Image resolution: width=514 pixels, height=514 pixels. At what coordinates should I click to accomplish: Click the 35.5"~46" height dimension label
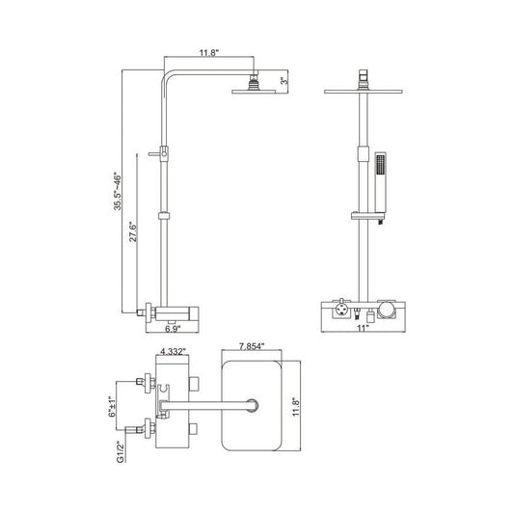coord(118,191)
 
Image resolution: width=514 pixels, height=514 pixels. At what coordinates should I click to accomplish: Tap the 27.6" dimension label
coord(133,231)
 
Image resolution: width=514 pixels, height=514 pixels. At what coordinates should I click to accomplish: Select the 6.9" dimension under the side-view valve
coord(173,329)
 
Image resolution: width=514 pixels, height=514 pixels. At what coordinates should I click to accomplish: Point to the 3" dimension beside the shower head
coord(284,80)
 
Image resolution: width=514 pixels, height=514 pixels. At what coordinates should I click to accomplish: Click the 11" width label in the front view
coord(363,328)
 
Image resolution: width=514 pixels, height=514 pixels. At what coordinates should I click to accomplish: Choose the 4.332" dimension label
coord(173,351)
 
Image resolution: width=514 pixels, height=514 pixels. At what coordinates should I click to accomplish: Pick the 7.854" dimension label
coord(252,346)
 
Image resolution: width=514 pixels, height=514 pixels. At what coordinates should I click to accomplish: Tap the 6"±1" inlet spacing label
coord(112,406)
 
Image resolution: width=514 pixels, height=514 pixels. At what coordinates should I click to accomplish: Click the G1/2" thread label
coord(121,452)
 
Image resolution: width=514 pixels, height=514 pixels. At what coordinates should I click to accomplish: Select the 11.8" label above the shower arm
coord(209,53)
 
